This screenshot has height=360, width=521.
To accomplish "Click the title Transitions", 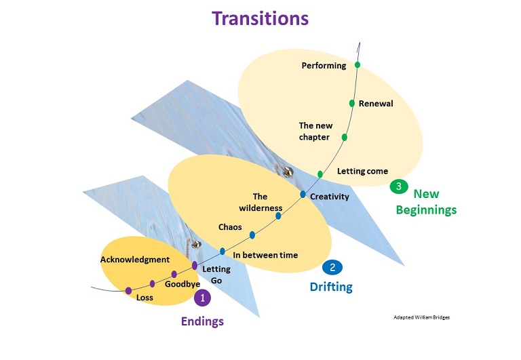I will (x=260, y=18).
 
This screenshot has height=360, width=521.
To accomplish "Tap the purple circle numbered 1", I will (x=202, y=297).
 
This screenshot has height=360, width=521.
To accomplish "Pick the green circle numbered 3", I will (x=398, y=185).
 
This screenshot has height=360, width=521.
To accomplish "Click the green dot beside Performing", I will (x=357, y=65).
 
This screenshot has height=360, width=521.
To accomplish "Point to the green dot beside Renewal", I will (x=352, y=103).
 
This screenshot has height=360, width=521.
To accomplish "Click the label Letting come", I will (x=362, y=172).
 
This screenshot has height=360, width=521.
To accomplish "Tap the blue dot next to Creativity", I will (x=303, y=195).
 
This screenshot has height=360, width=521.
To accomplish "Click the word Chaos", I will (x=230, y=226).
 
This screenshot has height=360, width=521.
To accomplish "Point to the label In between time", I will (x=265, y=255).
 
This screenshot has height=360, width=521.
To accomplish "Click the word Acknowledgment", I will (x=134, y=260).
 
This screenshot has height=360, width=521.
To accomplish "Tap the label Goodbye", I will (x=182, y=284).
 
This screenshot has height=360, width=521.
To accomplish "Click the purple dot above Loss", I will (x=128, y=291).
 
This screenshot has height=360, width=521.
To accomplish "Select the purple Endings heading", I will (x=202, y=321).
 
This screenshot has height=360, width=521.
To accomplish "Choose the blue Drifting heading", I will (x=331, y=287).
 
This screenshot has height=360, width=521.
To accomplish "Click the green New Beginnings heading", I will (x=425, y=201).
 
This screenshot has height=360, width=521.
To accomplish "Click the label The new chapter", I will (x=314, y=132).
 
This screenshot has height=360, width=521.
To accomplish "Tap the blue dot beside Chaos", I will (x=252, y=235).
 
